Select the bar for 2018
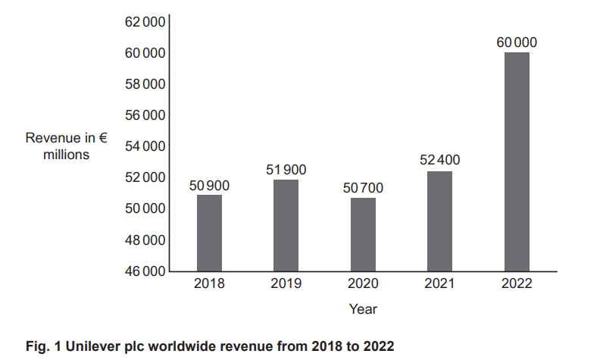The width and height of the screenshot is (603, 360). (x=209, y=233)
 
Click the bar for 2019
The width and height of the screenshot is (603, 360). (x=286, y=225)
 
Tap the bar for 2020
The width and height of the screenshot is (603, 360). (x=363, y=234)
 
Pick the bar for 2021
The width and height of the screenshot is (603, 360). (x=439, y=221)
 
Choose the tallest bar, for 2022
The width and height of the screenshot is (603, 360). (x=517, y=161)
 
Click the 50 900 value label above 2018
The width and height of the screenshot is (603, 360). (x=209, y=185)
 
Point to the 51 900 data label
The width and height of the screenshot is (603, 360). (x=286, y=170)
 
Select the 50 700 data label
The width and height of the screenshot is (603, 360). (x=363, y=187)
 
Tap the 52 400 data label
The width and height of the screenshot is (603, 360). (x=439, y=161)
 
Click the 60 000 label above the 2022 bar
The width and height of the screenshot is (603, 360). (x=517, y=42)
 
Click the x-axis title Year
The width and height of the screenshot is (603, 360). (x=363, y=308)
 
